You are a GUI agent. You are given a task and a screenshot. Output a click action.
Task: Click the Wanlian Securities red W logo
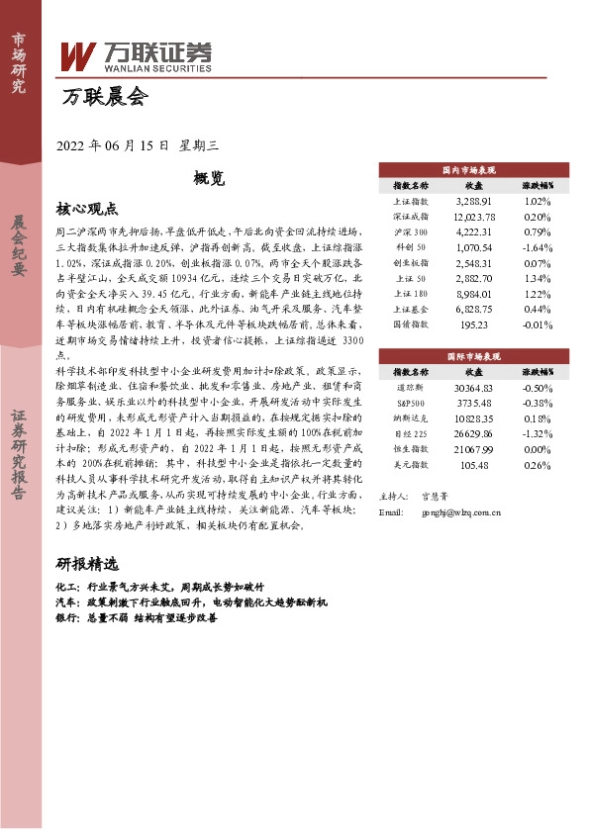(x=77, y=56)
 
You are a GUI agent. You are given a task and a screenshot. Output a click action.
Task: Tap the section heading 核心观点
(x=87, y=209)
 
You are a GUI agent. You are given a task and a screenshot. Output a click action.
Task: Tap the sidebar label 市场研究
(x=18, y=61)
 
